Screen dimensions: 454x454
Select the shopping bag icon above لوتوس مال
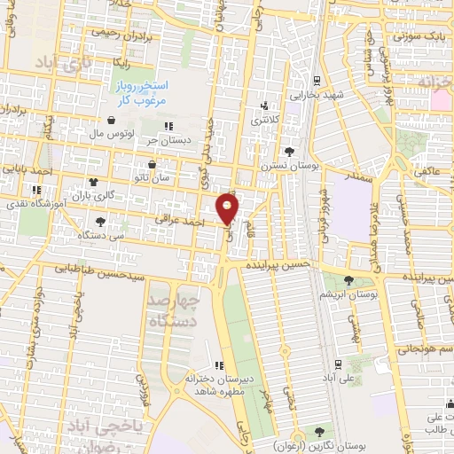point(111,121)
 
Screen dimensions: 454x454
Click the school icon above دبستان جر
point(168,125)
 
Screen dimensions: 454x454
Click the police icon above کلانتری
point(264,105)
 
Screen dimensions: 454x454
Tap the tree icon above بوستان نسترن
point(289,152)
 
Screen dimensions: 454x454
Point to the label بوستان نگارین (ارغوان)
point(321,445)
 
